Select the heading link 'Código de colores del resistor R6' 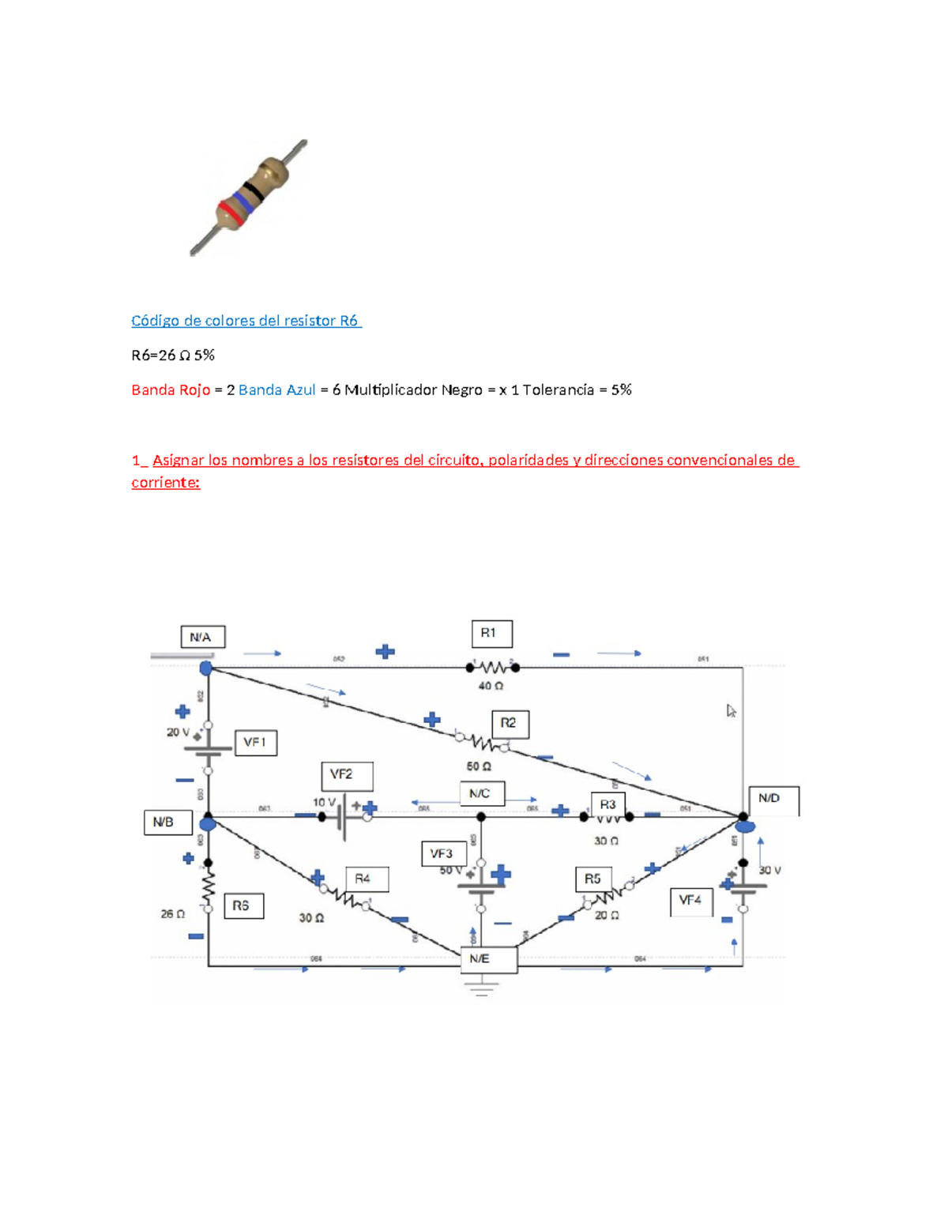(x=246, y=321)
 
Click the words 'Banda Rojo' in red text (x=171, y=390)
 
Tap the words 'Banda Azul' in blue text (x=276, y=390)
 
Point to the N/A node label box (x=202, y=637)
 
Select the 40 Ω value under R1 (x=491, y=686)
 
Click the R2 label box (x=510, y=724)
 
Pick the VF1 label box (x=255, y=743)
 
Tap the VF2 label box (x=347, y=776)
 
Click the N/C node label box (x=481, y=793)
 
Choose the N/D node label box (x=773, y=800)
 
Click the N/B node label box (x=167, y=822)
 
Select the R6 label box (x=243, y=905)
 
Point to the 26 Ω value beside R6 (x=173, y=914)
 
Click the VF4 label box (x=690, y=901)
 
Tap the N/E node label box (x=488, y=959)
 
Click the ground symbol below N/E (x=481, y=987)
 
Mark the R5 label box (x=592, y=879)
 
